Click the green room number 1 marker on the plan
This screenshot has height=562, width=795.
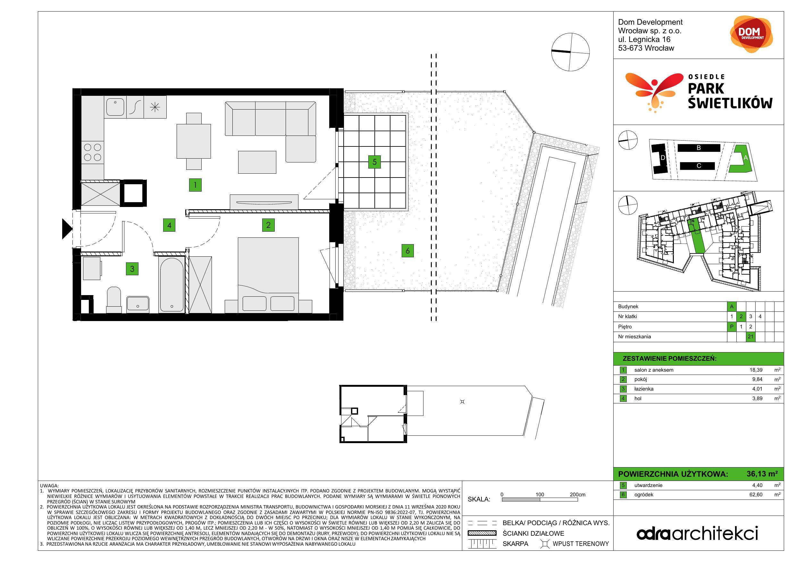coord(195,185)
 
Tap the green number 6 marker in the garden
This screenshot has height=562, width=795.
coord(407,250)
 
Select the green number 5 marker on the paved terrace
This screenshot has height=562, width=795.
coord(374,161)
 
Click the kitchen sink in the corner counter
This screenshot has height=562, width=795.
coord(115,107)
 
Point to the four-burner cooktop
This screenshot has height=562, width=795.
coord(92,152)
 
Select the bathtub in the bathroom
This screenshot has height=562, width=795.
coord(172,285)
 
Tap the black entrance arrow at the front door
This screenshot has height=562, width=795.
coord(67,229)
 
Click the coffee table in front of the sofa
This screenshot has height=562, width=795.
coord(257,162)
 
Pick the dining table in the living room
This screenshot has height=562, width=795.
coord(194,141)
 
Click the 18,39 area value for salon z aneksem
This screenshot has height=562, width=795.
coord(756,369)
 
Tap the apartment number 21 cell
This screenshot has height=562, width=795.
coord(750,336)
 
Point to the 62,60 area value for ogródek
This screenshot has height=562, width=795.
coord(756,494)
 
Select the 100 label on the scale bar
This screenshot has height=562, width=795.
coord(540,494)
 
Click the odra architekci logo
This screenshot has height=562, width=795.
coord(697,533)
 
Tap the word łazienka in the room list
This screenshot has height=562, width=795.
coord(644,389)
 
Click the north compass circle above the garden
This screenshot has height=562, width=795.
coord(570,52)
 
